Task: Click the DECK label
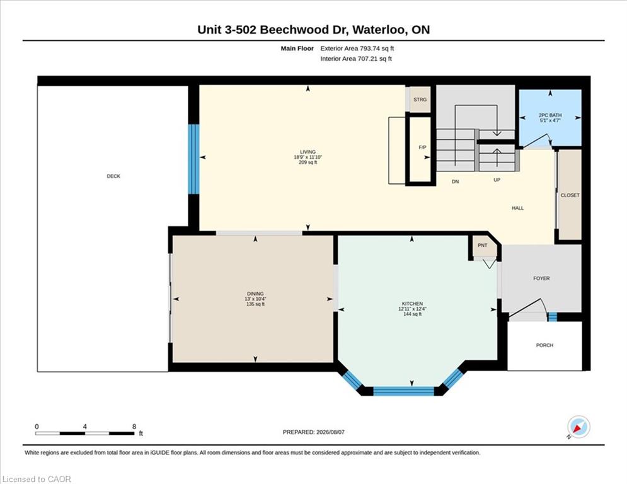[113, 176]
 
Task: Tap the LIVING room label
[308, 152]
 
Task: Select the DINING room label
[255, 294]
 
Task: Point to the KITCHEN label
[412, 304]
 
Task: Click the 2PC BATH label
[550, 115]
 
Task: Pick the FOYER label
[541, 279]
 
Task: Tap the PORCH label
[544, 345]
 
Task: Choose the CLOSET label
[570, 195]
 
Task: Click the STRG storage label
[420, 100]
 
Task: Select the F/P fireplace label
[422, 147]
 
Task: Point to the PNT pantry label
[483, 245]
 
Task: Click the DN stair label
[455, 181]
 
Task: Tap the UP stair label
[497, 180]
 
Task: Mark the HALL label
[518, 208]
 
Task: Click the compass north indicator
[578, 428]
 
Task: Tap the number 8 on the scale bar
[134, 427]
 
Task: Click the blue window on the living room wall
[193, 159]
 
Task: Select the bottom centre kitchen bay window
[403, 391]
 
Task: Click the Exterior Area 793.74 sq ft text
[357, 49]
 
